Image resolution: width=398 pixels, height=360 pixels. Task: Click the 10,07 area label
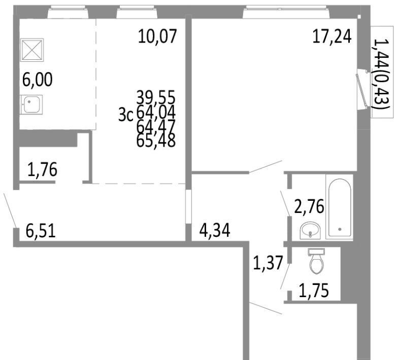pos(157,37)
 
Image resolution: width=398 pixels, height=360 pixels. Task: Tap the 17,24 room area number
pos(332,37)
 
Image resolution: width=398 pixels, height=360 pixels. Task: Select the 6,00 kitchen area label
pos(38,79)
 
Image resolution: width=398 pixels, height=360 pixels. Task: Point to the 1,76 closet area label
pos(42,169)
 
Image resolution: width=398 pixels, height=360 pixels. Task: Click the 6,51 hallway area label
pos(41,231)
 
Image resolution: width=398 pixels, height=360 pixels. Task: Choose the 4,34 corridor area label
pos(215,231)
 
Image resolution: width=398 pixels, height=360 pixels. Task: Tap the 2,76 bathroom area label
pos(309,207)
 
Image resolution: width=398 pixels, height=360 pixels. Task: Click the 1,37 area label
pos(268,263)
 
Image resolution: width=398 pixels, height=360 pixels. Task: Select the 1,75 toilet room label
pos(314,291)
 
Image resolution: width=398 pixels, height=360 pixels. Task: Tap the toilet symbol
pos(317,261)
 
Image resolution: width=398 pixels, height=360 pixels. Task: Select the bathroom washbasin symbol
pos(310,230)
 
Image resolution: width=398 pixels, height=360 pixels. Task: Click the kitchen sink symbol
pos(31,104)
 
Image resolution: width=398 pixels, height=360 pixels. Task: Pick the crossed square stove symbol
pos(31,50)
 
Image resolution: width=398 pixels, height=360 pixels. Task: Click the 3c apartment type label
pos(126,116)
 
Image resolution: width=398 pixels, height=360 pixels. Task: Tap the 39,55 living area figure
pos(156,97)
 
